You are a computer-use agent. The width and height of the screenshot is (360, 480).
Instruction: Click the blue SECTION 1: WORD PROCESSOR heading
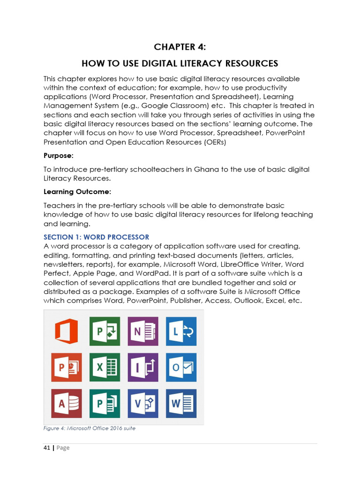click(96, 237)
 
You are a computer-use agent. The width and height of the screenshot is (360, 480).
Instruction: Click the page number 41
click(47, 448)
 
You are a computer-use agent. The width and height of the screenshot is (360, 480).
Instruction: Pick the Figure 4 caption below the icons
click(89, 428)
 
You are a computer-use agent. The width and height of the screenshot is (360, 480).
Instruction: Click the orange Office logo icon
click(66, 331)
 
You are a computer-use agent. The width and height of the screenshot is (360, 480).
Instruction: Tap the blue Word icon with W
click(181, 404)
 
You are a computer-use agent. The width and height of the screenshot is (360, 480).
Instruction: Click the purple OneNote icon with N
click(143, 331)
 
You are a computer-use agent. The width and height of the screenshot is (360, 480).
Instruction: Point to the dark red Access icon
click(66, 404)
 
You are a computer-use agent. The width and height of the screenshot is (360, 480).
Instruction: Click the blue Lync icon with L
click(181, 331)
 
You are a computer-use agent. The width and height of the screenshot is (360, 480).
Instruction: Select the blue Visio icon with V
click(143, 404)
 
